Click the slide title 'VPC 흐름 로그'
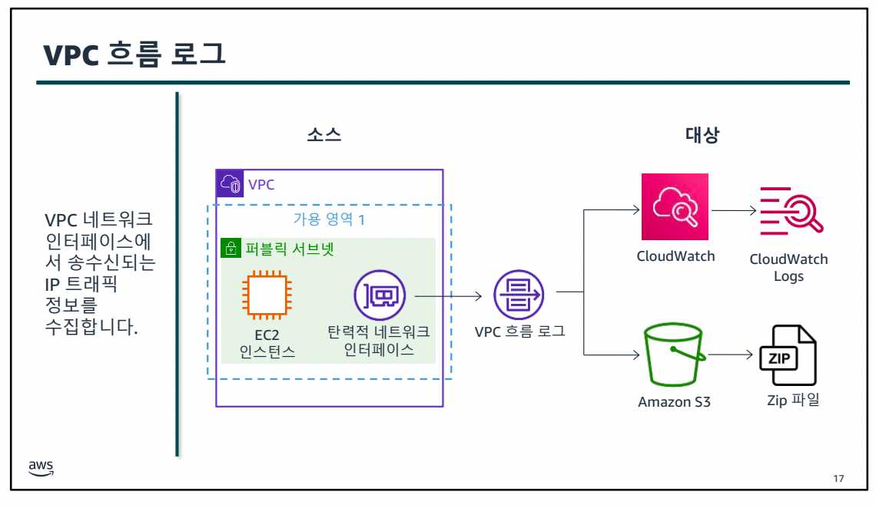point(134,54)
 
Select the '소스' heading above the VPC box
point(324,136)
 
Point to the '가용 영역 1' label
point(329,218)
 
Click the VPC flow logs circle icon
point(519,295)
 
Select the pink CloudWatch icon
point(675,207)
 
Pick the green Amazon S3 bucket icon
point(675,356)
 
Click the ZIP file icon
point(789,356)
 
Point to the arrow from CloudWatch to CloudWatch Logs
point(734,208)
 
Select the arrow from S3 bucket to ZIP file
point(732,355)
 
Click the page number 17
point(838,479)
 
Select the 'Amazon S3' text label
point(674,401)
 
